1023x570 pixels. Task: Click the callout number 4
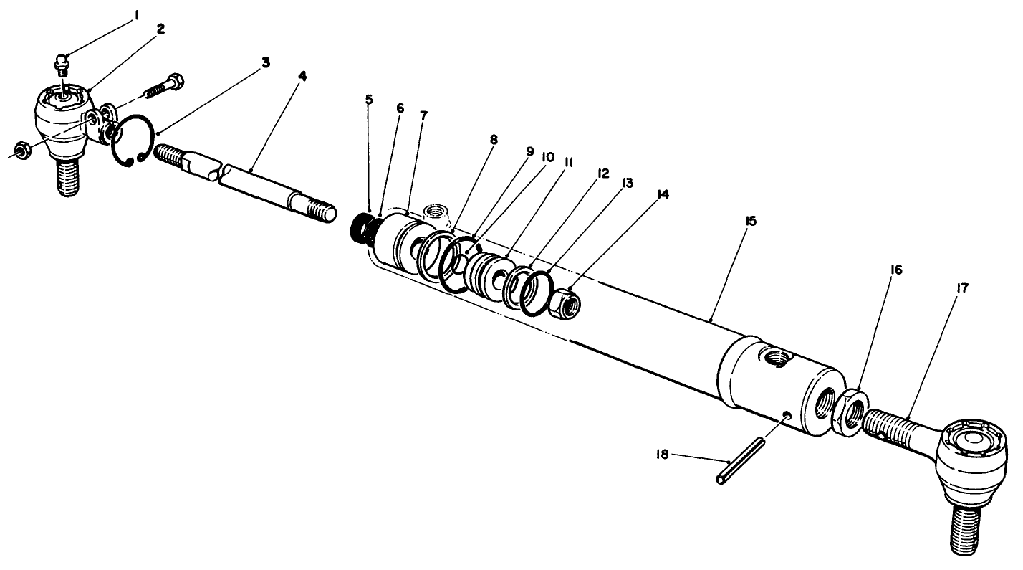[x=303, y=75]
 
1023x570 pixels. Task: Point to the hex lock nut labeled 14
[x=564, y=301]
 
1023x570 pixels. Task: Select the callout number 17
[x=962, y=288]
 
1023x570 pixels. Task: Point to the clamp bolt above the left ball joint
[x=164, y=85]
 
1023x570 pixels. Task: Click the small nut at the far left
[x=21, y=151]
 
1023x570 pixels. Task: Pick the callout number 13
[x=628, y=184]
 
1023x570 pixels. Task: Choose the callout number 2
[x=160, y=29]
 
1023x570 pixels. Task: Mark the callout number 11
[x=568, y=163]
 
